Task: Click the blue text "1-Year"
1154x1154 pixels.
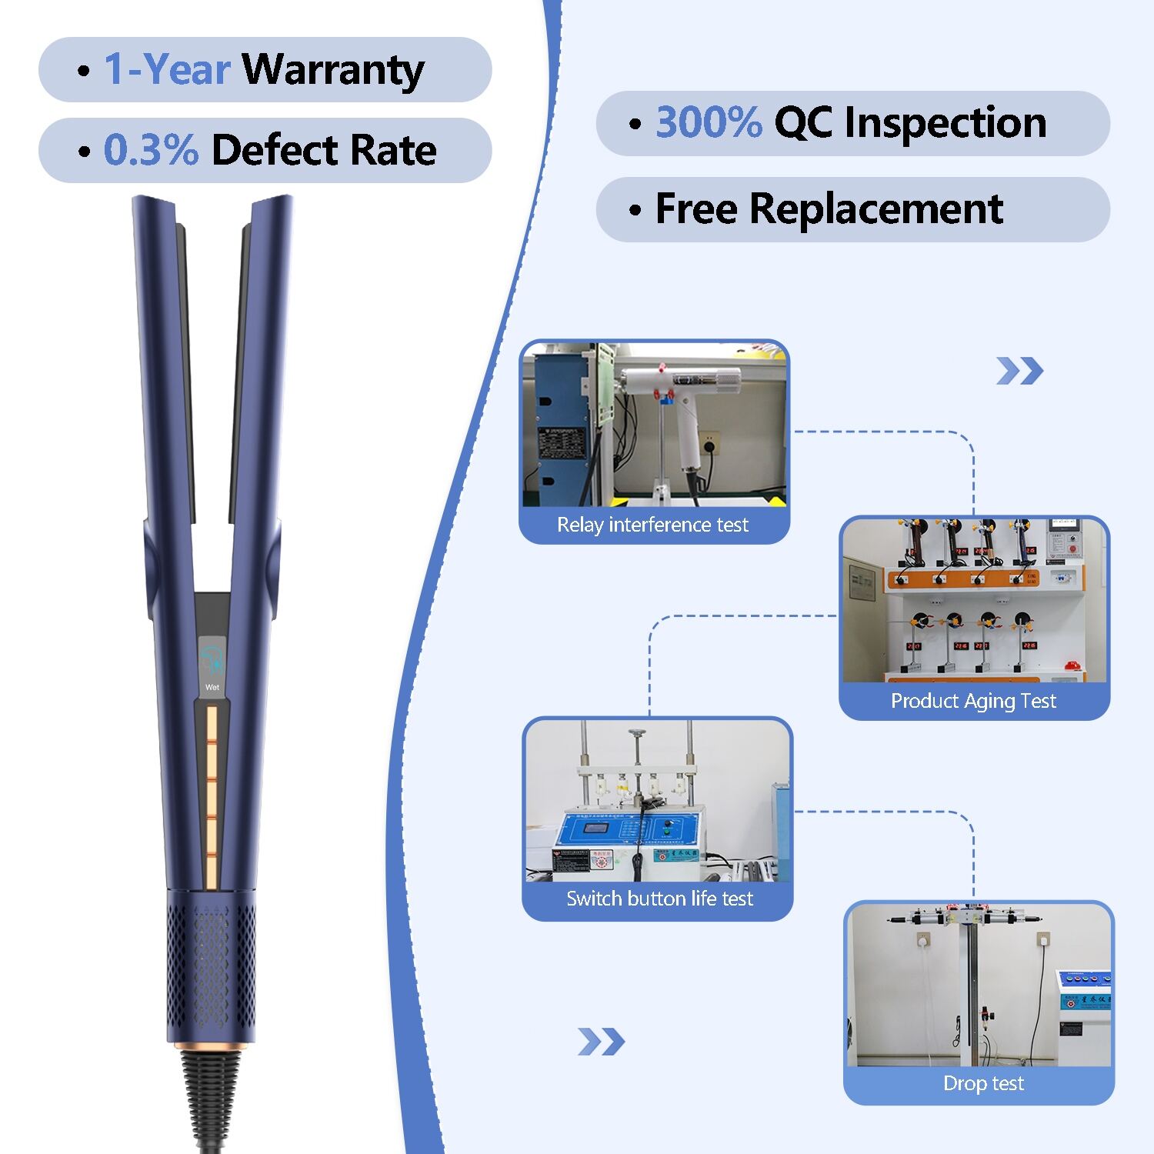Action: [167, 69]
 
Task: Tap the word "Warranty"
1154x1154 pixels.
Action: [333, 70]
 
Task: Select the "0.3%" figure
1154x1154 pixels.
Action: [151, 150]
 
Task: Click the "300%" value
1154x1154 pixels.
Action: [709, 123]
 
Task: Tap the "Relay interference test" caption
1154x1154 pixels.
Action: [652, 525]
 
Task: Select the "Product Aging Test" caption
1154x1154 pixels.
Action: [973, 701]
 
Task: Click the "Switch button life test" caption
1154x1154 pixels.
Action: [659, 899]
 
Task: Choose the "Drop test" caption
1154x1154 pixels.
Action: [983, 1083]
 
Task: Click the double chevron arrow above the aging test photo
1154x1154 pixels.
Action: [1019, 372]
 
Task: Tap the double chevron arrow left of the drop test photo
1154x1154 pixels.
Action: [601, 1042]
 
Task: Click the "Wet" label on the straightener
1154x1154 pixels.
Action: [212, 687]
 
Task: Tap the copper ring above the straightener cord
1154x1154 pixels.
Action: [211, 1046]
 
